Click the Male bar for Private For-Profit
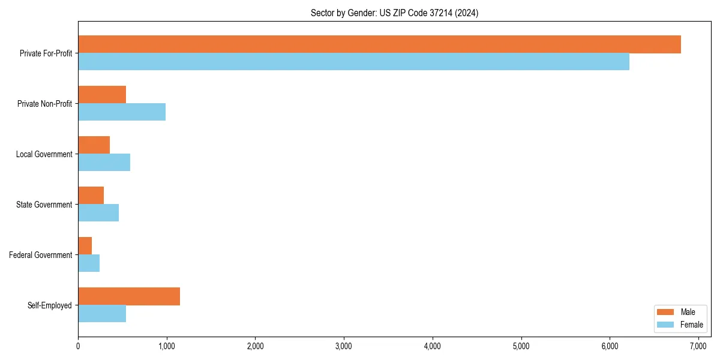[x=379, y=44]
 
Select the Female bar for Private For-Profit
[x=353, y=62]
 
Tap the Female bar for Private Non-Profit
[x=122, y=112]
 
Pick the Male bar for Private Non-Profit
[x=102, y=95]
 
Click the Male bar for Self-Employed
[x=129, y=296]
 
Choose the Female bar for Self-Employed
[x=102, y=314]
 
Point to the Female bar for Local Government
[x=104, y=163]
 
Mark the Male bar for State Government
[x=91, y=196]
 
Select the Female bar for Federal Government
[x=89, y=263]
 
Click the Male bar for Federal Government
[x=85, y=246]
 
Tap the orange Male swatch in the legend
[x=666, y=312]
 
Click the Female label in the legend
[x=691, y=325]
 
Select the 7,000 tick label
[x=698, y=346]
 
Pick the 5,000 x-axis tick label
[x=521, y=346]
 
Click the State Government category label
[x=44, y=205]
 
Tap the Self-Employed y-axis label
[x=49, y=305]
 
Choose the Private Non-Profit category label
[x=44, y=104]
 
